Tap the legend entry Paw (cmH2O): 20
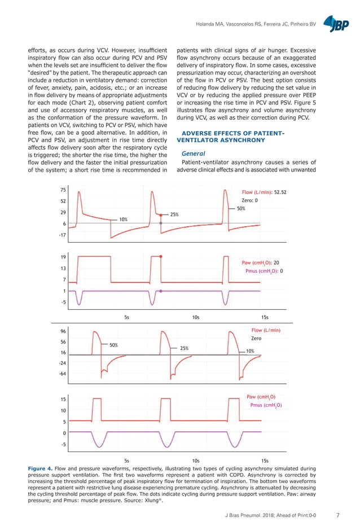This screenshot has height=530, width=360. (x=260, y=262)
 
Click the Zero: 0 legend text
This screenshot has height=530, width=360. (x=249, y=200)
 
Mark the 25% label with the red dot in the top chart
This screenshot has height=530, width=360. (x=174, y=214)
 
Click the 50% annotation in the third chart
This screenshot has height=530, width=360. (x=113, y=344)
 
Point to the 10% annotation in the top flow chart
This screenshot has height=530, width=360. (x=122, y=218)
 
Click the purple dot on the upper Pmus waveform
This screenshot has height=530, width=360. (x=161, y=291)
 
